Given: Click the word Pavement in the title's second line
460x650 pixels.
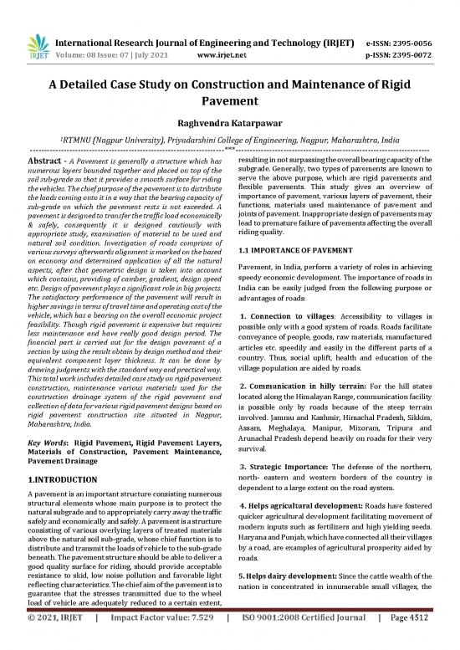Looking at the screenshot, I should tap(229, 98).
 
